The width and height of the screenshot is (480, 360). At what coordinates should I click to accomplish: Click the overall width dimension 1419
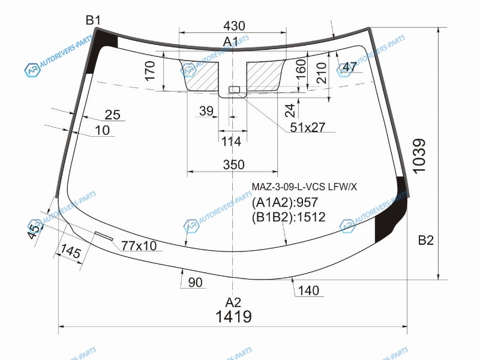click(233, 316)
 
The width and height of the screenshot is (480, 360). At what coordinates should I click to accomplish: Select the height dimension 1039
click(419, 156)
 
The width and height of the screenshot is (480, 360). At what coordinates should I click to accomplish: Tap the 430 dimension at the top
click(234, 26)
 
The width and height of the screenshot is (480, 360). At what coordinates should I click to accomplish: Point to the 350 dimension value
click(233, 164)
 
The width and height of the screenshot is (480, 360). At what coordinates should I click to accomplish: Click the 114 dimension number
click(231, 142)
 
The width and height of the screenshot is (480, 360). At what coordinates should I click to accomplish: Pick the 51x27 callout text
click(307, 127)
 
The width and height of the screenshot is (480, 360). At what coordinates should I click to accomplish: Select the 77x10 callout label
click(139, 245)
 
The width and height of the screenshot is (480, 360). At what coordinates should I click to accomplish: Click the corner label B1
click(93, 20)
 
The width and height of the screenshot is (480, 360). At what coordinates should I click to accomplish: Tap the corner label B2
click(426, 241)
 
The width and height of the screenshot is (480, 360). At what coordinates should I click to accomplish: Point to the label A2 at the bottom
click(233, 302)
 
